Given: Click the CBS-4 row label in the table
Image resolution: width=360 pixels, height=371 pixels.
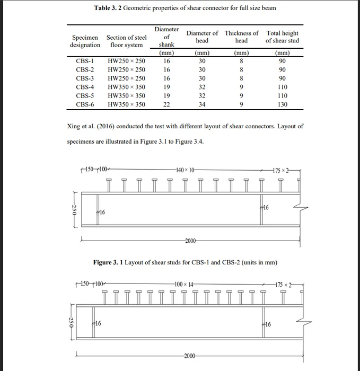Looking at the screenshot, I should [x=85, y=87].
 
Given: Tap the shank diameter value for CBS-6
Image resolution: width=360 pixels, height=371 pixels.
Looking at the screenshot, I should [x=166, y=104].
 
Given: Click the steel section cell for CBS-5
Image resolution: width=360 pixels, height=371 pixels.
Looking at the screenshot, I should [x=126, y=96].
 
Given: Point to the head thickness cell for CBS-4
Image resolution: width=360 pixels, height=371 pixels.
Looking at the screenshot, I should [x=241, y=87].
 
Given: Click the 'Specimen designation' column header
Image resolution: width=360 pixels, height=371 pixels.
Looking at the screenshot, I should [x=85, y=41].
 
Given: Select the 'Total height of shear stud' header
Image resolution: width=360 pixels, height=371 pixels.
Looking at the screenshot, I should [x=282, y=37].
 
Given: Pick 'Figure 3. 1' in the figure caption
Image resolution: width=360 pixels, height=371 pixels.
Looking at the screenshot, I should [x=110, y=263].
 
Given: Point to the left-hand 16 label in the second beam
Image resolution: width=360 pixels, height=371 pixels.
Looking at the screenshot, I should [x=98, y=323].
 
